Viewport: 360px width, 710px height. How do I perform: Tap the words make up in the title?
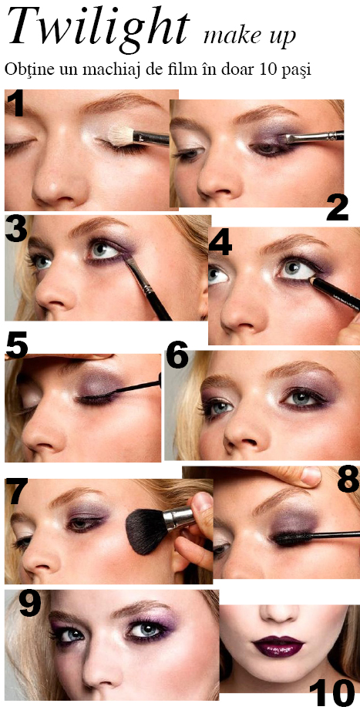pyautogui.click(x=249, y=35)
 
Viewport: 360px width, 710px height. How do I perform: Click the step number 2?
pyautogui.click(x=338, y=208)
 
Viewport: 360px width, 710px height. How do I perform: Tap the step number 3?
pyautogui.click(x=16, y=229)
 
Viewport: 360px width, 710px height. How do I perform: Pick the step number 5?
pyautogui.click(x=17, y=346)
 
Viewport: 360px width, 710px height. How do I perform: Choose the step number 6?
pyautogui.click(x=177, y=356)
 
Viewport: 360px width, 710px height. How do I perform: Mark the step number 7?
pyautogui.click(x=16, y=491)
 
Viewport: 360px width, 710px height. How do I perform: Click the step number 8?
pyautogui.click(x=348, y=480)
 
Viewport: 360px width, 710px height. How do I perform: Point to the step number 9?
pyautogui.click(x=30, y=604)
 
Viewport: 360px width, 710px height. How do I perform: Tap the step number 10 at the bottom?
pyautogui.click(x=332, y=692)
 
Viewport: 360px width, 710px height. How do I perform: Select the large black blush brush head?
pyautogui.click(x=144, y=530)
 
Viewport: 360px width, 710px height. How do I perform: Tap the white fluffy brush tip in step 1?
pyautogui.click(x=121, y=135)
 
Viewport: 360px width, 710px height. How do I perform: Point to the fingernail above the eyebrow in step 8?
pyautogui.click(x=311, y=476)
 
